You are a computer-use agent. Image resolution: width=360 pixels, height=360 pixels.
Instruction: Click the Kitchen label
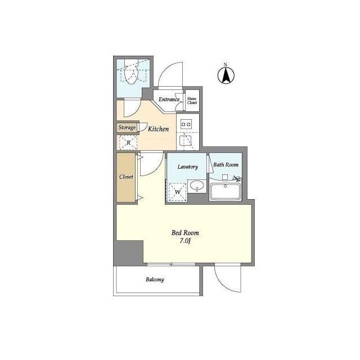click(x=158, y=129)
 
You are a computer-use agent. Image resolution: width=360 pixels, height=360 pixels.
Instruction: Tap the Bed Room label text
click(x=185, y=233)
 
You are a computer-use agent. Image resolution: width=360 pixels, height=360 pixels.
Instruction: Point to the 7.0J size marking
click(x=185, y=241)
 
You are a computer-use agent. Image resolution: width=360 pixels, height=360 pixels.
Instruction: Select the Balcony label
click(x=155, y=280)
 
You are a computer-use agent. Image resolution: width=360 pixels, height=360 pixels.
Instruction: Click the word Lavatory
click(x=187, y=166)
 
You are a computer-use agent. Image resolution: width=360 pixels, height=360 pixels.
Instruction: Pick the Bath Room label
click(x=226, y=165)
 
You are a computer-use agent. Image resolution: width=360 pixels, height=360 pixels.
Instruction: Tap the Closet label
click(x=126, y=177)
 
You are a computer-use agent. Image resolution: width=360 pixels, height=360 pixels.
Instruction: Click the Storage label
click(x=127, y=127)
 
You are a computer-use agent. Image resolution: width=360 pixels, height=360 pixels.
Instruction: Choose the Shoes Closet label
click(x=192, y=101)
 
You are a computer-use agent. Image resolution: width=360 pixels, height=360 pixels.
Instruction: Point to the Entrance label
click(x=169, y=100)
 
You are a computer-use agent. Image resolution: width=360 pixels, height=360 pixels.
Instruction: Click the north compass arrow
click(x=226, y=75)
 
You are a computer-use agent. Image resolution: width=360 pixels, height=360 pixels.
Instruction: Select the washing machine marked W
click(x=178, y=192)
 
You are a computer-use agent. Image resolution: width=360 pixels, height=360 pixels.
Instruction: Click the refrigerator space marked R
click(x=128, y=142)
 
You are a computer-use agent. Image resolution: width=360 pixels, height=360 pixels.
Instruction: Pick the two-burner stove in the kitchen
click(x=186, y=124)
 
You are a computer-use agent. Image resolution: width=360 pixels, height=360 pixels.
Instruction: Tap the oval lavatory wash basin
click(x=197, y=185)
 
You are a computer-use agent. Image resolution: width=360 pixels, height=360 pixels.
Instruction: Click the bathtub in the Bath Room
click(x=225, y=191)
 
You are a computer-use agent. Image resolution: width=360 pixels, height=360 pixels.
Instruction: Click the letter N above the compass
click(x=226, y=64)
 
